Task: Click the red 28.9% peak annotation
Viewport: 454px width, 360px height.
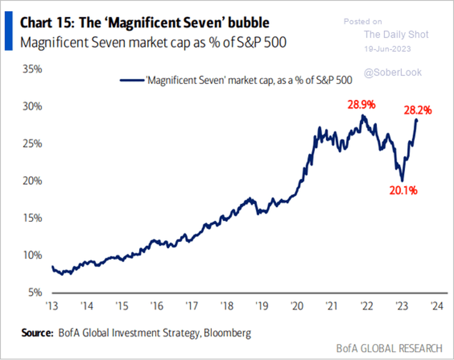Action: click(361, 105)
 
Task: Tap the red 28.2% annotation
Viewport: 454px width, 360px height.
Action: click(418, 110)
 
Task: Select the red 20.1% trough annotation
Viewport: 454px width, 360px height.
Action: click(404, 191)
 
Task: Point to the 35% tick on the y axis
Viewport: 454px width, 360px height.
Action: click(32, 69)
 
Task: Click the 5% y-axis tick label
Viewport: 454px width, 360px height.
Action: click(34, 292)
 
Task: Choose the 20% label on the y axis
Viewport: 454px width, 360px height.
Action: click(32, 181)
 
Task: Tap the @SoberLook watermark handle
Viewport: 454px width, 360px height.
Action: click(392, 72)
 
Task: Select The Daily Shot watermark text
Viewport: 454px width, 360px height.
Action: click(396, 35)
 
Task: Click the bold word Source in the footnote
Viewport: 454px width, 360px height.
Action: click(37, 333)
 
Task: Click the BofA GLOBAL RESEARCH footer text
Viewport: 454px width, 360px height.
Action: click(389, 349)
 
